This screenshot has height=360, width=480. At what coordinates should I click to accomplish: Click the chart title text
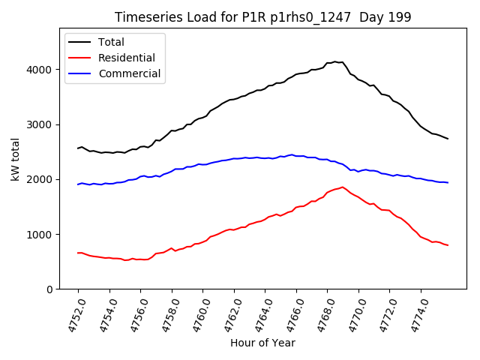263,17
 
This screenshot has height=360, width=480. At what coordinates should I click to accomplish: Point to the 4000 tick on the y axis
43,70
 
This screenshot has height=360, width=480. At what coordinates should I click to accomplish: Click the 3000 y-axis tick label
43,124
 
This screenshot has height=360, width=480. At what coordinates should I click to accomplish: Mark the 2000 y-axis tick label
43,179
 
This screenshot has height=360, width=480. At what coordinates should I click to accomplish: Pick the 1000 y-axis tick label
43,235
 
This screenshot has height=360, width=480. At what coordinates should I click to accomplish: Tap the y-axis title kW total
15,159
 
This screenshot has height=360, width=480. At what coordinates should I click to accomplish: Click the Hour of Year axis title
262,343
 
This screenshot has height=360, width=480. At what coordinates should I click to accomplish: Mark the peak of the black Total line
334,61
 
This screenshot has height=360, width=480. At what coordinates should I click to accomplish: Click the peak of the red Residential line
342,187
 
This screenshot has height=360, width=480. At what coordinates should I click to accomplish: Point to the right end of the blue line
448,183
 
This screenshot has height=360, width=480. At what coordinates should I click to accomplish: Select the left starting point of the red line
78,253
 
